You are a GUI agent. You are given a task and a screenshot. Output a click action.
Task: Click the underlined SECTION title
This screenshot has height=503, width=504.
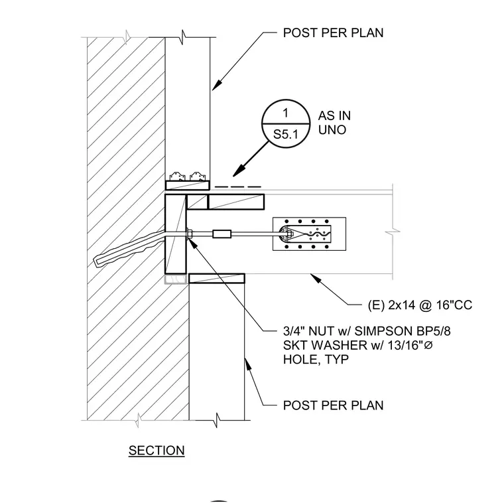(x=157, y=451)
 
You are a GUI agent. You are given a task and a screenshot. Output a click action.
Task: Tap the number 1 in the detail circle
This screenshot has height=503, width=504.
(x=285, y=113)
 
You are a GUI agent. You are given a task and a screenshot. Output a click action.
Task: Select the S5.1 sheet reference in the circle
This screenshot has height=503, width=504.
(x=286, y=134)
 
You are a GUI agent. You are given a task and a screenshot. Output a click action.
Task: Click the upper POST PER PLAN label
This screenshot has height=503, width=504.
(x=333, y=33)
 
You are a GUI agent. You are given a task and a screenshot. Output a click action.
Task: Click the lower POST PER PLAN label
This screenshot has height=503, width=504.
(x=333, y=405)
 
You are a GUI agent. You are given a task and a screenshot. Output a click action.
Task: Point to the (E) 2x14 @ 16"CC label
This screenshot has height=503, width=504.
(x=420, y=305)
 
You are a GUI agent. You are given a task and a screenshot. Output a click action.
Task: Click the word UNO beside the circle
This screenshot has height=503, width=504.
(x=332, y=130)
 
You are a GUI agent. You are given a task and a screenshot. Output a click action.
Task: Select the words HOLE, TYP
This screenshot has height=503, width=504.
(x=316, y=359)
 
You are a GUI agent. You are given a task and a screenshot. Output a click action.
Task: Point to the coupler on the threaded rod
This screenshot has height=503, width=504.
(x=221, y=234)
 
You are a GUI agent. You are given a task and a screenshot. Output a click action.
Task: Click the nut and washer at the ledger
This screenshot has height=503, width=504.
(x=189, y=234)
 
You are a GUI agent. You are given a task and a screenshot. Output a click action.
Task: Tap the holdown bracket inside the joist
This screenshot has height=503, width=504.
(x=304, y=234)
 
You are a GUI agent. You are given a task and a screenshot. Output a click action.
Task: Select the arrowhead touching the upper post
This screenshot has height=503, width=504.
(x=217, y=85)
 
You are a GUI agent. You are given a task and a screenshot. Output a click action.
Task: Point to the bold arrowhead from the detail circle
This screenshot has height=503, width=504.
(x=239, y=171)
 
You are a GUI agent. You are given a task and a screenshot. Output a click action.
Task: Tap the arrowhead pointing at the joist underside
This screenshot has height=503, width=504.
(x=316, y=278)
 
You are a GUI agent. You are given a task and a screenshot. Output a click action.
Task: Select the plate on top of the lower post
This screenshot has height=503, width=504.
(x=217, y=279)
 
